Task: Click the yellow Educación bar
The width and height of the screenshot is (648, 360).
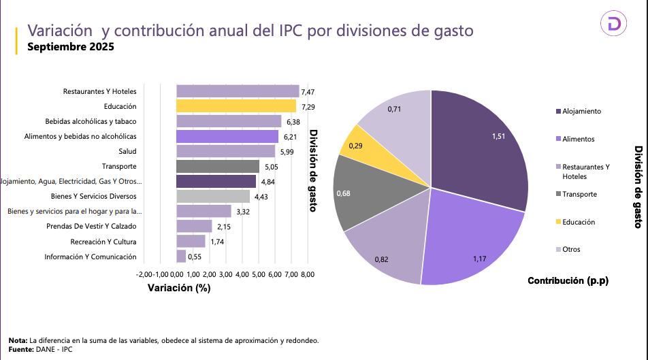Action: pyautogui.click(x=236, y=106)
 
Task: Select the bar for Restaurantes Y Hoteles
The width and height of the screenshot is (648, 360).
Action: pyautogui.click(x=238, y=91)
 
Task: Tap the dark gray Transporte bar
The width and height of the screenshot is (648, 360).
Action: pyautogui.click(x=218, y=166)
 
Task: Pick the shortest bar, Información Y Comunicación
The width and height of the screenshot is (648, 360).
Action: pyautogui.click(x=181, y=256)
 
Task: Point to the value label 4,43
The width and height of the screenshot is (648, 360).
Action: pyautogui.click(x=261, y=197)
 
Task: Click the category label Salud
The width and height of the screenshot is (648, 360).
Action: pyautogui.click(x=127, y=151)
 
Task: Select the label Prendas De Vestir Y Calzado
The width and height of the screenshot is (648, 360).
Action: pyautogui.click(x=91, y=226)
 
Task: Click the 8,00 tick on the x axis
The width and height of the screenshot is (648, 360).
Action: pyautogui.click(x=307, y=274)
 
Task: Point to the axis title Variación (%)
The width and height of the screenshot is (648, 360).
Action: pyautogui.click(x=179, y=288)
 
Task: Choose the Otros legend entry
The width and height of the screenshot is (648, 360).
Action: pyautogui.click(x=570, y=249)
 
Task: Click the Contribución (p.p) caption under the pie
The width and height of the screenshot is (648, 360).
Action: pyautogui.click(x=568, y=280)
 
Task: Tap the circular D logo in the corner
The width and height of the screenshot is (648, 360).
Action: pyautogui.click(x=613, y=24)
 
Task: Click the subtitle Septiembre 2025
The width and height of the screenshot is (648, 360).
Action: pyautogui.click(x=70, y=47)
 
